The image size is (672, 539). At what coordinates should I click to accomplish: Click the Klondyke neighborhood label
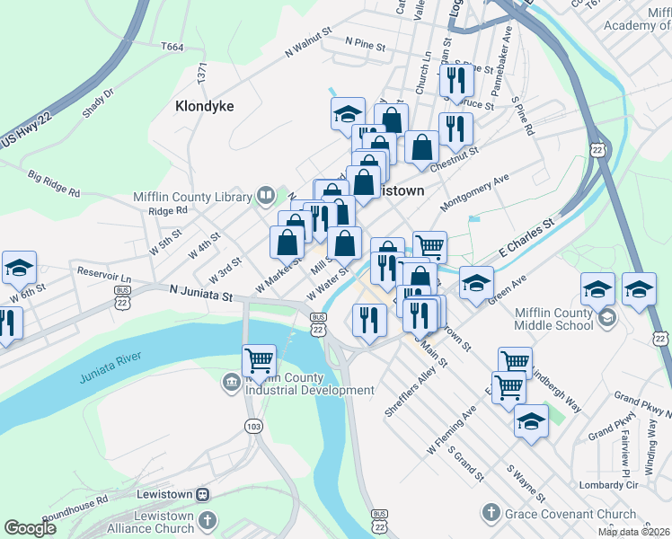tap(204, 106)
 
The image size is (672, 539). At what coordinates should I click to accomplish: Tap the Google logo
tap(30, 528)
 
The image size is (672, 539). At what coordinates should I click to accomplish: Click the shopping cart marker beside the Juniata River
tap(259, 361)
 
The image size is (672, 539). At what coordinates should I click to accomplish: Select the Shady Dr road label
tap(98, 105)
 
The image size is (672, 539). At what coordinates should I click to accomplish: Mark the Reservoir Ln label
tap(105, 271)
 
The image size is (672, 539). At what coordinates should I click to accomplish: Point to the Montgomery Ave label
tap(474, 193)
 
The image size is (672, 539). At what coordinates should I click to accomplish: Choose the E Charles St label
tap(522, 234)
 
